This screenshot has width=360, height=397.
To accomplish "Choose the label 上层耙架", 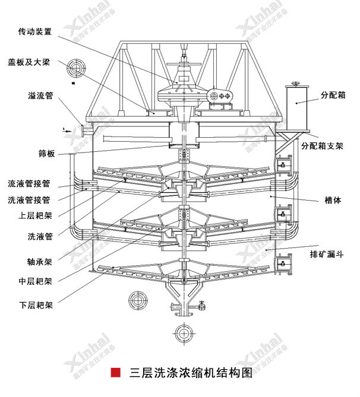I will click(35, 216).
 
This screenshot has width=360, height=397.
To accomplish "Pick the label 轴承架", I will click(40, 261).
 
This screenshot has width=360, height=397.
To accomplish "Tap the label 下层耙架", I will click(35, 306).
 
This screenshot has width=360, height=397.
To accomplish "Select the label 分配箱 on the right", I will click(333, 94).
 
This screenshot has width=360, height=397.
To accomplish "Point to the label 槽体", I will click(333, 200).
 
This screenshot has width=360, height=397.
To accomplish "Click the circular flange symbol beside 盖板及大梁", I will click(76, 68).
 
